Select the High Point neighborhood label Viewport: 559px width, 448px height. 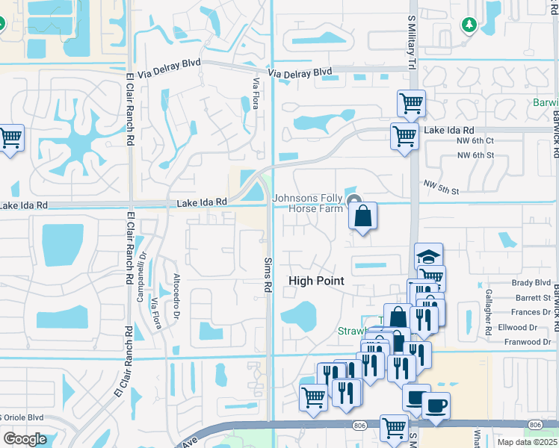(317, 281)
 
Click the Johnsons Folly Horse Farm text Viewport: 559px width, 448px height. (307, 203)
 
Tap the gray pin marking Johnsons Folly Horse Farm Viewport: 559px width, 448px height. (354, 199)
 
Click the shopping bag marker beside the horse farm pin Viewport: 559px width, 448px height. (362, 217)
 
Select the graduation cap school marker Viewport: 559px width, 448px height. (429, 257)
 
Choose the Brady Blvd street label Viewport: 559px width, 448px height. (531, 283)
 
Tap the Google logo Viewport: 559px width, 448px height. (25, 439)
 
